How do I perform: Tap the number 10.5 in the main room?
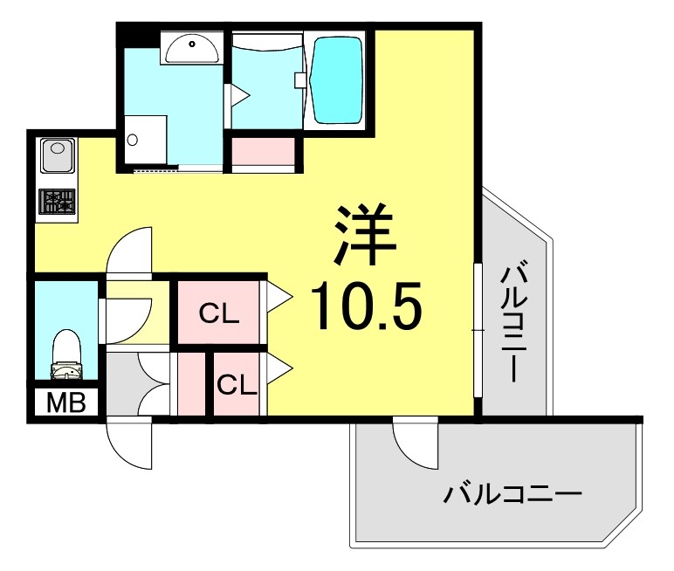[367, 306]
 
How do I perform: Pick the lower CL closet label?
[237, 384]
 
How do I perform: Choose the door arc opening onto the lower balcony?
[415, 440]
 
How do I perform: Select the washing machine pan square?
[144, 139]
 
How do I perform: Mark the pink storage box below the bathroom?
[263, 151]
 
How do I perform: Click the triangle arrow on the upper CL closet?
[279, 296]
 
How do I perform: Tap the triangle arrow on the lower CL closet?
[279, 367]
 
